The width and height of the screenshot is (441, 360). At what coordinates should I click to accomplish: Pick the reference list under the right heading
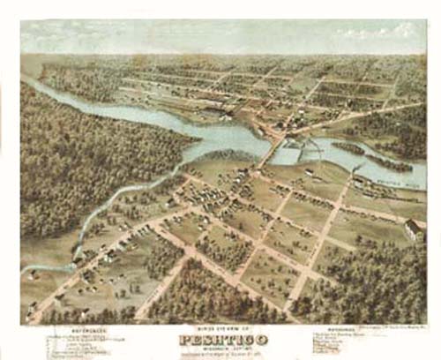[x=362, y=345]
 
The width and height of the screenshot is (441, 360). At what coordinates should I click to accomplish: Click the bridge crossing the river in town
[x=273, y=145]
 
